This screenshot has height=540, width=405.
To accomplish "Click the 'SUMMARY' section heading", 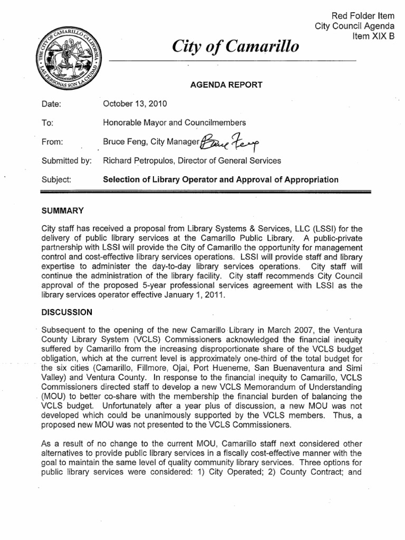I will [63, 210].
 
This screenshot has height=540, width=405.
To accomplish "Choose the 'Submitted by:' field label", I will [66, 160].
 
